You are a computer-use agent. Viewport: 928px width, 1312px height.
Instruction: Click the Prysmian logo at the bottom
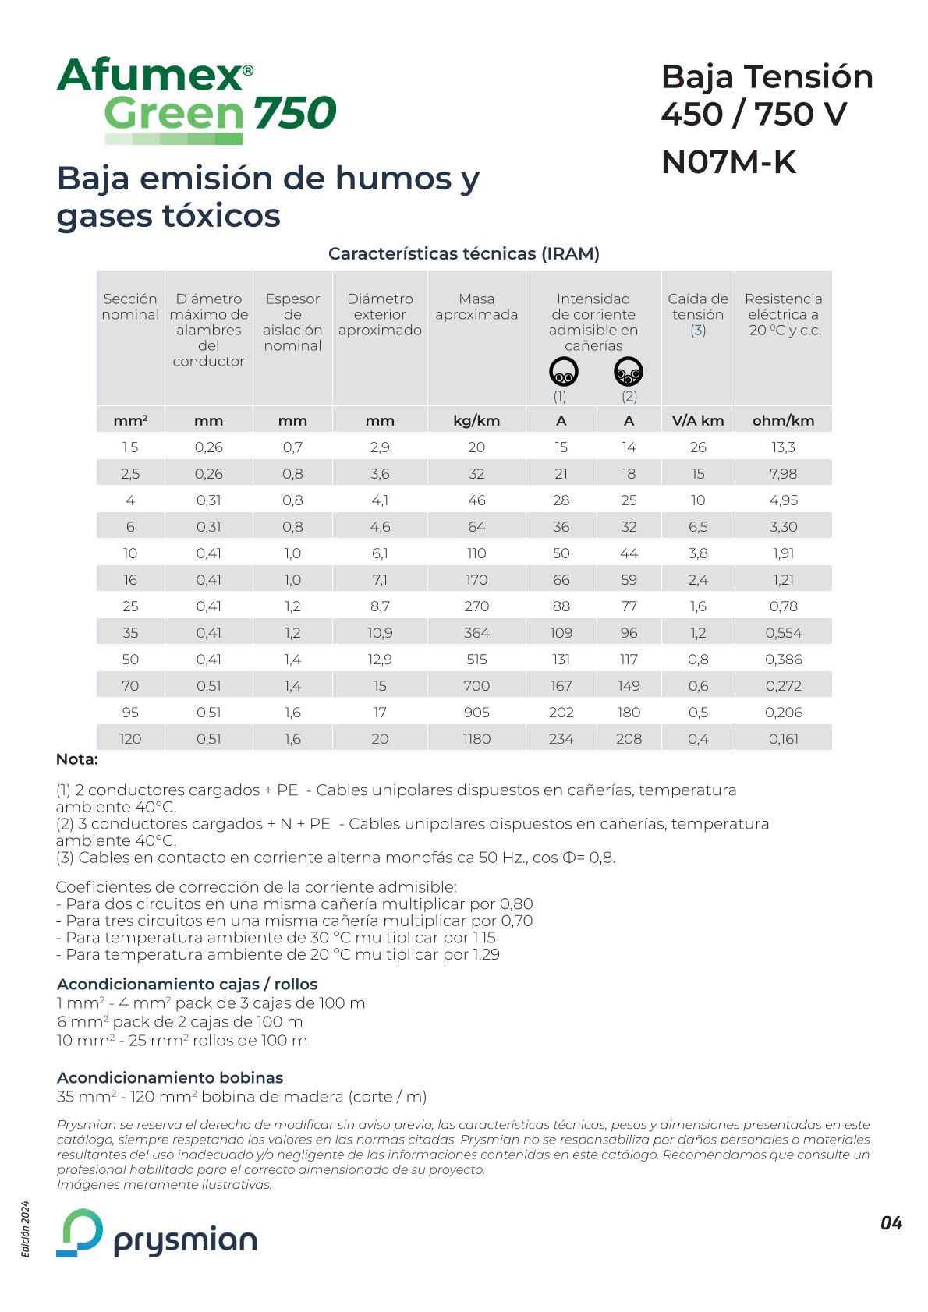pyautogui.click(x=156, y=1233)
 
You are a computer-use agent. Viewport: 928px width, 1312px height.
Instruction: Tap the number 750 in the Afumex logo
pyautogui.click(x=294, y=113)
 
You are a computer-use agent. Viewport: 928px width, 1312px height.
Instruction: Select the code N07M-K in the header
pyautogui.click(x=728, y=162)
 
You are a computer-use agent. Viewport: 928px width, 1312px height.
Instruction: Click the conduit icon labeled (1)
pyautogui.click(x=563, y=372)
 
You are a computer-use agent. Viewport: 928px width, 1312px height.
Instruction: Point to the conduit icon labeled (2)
pyautogui.click(x=629, y=372)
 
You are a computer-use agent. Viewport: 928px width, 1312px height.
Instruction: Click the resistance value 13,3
pyautogui.click(x=783, y=447)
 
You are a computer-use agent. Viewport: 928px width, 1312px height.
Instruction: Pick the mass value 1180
pyautogui.click(x=476, y=739)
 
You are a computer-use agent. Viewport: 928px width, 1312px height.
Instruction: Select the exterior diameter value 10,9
pyautogui.click(x=380, y=633)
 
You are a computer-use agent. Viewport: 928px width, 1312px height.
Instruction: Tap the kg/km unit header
pyautogui.click(x=476, y=421)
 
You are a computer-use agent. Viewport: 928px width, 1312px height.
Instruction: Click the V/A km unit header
pyautogui.click(x=698, y=421)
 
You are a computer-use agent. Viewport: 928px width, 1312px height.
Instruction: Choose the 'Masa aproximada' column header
pyautogui.click(x=476, y=306)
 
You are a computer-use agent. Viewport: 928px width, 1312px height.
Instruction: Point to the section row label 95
pyautogui.click(x=130, y=713)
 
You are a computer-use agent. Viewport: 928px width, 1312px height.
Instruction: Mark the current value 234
pyautogui.click(x=561, y=739)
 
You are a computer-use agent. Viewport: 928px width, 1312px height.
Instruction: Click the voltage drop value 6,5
pyautogui.click(x=698, y=527)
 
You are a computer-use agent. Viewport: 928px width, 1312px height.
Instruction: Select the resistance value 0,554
pyautogui.click(x=783, y=633)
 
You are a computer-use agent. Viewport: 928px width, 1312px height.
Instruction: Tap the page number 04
pyautogui.click(x=891, y=1223)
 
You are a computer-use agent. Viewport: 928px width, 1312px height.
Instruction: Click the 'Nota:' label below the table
pyautogui.click(x=77, y=759)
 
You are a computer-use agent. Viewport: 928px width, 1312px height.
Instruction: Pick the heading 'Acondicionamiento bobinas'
pyautogui.click(x=170, y=1077)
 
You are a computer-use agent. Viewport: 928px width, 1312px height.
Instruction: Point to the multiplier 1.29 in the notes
pyautogui.click(x=486, y=954)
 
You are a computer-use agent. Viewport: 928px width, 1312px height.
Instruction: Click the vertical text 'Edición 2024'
pyautogui.click(x=26, y=1229)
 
